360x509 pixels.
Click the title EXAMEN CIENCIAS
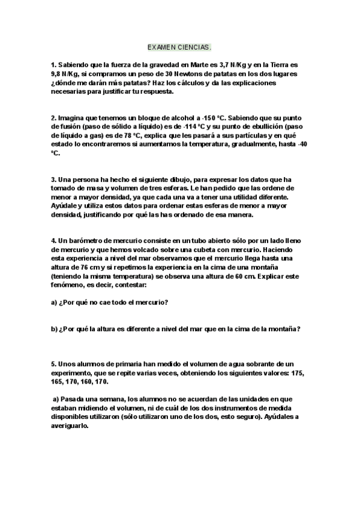tap(179, 46)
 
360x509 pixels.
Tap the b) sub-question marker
tap(54, 328)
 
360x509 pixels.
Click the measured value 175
tap(298, 373)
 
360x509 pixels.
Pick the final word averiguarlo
tap(70, 426)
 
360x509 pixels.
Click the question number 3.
tap(53, 179)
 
